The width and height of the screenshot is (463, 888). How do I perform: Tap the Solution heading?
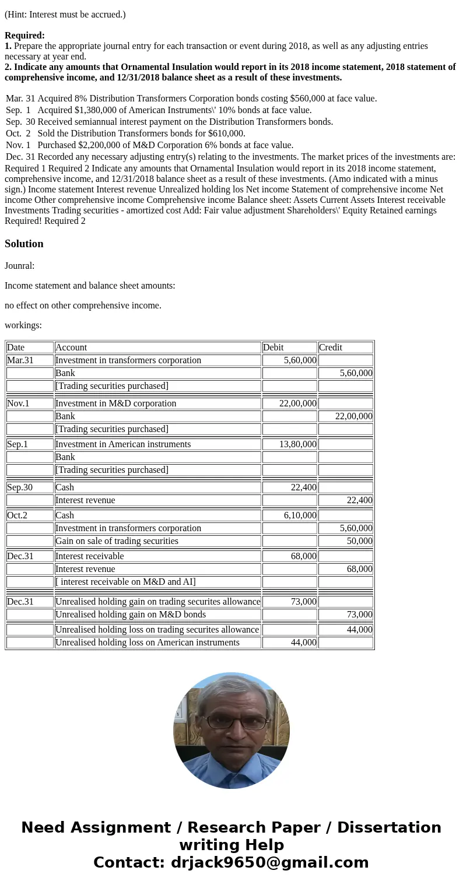[x=24, y=244]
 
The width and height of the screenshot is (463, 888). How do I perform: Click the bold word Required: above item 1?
[x=24, y=36]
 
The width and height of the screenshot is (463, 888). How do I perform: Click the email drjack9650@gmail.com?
[x=269, y=863]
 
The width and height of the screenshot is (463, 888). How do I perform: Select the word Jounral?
[x=19, y=266]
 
